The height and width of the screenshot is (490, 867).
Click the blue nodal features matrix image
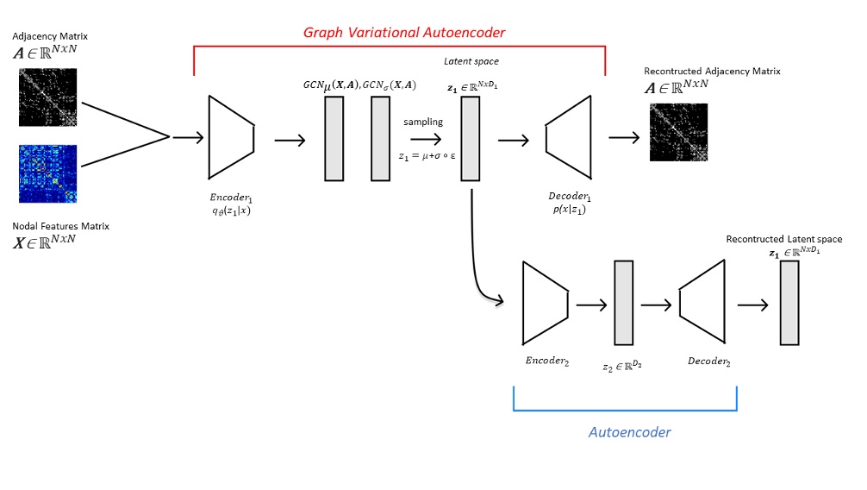(47, 173)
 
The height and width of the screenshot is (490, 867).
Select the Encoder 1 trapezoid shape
(231, 137)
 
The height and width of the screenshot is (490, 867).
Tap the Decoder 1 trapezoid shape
(568, 138)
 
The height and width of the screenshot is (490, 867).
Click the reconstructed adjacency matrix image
(678, 132)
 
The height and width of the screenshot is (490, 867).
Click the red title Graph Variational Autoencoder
(403, 33)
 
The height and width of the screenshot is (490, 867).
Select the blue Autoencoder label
(629, 431)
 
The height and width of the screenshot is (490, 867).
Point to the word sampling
(422, 122)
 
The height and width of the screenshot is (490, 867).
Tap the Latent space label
(471, 61)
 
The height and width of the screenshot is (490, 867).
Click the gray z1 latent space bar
(470, 138)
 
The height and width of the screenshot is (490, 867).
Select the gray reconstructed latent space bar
(789, 304)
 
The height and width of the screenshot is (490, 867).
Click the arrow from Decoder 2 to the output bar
(752, 305)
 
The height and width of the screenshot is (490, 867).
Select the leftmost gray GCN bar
(334, 138)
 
